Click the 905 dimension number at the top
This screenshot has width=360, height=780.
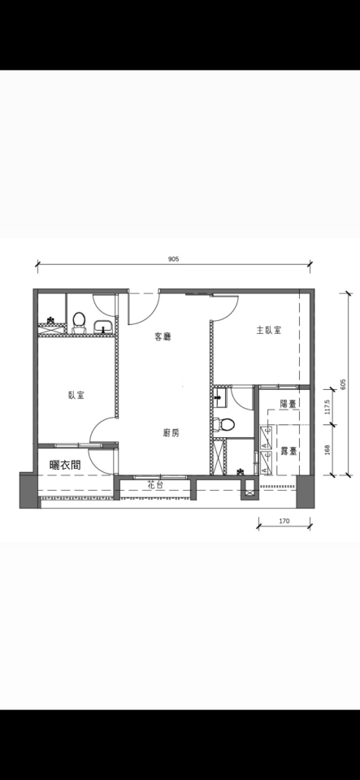(173, 258)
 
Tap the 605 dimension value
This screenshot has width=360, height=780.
(343, 384)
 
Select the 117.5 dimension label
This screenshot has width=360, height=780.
(327, 407)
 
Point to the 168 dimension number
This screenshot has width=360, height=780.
(327, 449)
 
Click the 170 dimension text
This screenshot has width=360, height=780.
(284, 522)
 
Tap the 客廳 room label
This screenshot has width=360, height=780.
(163, 336)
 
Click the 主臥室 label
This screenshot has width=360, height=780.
(269, 330)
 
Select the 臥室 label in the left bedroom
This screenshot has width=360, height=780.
(76, 395)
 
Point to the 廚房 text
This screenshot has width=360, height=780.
(171, 433)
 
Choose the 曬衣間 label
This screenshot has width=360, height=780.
(65, 465)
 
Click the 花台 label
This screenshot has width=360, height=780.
(154, 484)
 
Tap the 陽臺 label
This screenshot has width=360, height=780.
(288, 404)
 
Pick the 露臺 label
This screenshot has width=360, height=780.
(288, 451)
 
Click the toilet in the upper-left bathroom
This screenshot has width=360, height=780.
(79, 322)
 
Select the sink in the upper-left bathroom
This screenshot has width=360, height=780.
(103, 327)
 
